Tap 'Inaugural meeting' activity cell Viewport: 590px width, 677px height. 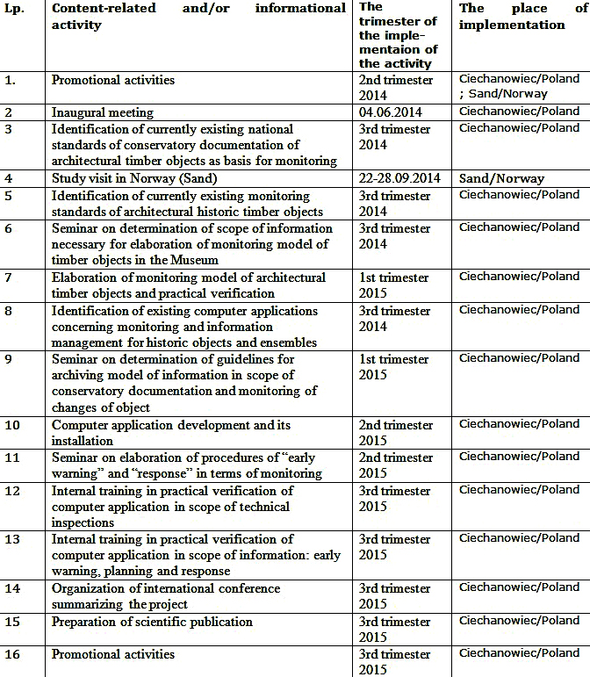pos(103,112)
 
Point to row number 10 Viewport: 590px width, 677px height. pos(11,425)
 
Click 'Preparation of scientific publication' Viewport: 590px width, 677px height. pos(152,622)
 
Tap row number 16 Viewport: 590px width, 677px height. pos(11,654)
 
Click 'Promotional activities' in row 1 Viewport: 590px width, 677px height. pos(113,80)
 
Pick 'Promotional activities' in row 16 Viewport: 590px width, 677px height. pos(113,654)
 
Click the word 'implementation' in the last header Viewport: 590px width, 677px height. pos(512,25)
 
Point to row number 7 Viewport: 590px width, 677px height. pos(8,277)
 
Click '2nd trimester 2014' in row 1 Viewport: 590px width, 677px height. pos(396,87)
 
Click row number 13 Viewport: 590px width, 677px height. pos(11,539)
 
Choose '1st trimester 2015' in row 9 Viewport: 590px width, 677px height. pos(393,367)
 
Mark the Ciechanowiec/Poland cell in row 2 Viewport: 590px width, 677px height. pos(520,112)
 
